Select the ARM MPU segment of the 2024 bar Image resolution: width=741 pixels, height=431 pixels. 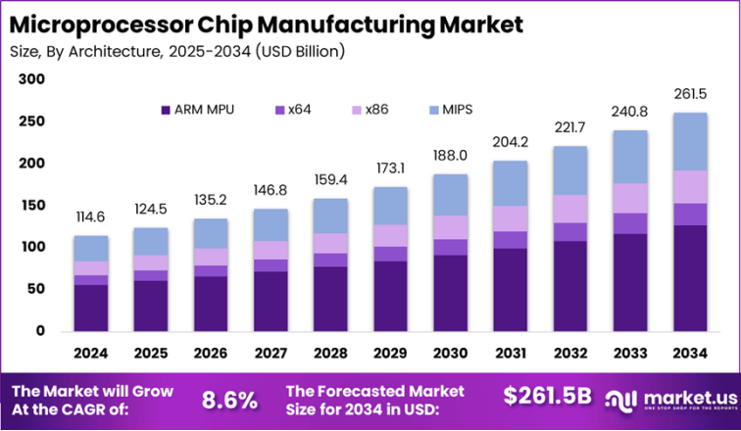pyautogui.click(x=91, y=308)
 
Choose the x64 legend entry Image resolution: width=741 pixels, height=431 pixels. pyautogui.click(x=293, y=109)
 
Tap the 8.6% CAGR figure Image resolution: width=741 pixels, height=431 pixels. pyautogui.click(x=229, y=400)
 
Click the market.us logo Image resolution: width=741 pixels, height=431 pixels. pyautogui.click(x=667, y=399)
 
